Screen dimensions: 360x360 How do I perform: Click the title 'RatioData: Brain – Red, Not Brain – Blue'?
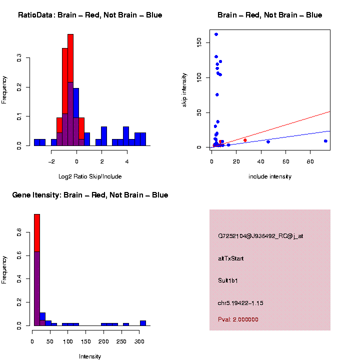tap(90, 15)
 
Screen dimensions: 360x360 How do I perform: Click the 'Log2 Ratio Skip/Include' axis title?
tap(90, 176)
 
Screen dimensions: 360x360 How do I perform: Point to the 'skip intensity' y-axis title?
tap(184, 89)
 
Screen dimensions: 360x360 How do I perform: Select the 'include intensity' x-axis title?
tap(270, 176)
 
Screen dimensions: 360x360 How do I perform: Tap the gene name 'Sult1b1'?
tap(228, 280)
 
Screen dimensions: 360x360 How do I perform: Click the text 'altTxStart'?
tap(231, 258)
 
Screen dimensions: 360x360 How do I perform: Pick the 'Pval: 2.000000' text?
tap(238, 319)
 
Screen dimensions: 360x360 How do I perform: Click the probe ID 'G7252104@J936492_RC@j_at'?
tap(260, 236)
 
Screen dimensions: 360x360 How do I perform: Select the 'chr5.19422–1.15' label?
tap(240, 303)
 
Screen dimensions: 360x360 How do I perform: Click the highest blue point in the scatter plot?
tap(216, 34)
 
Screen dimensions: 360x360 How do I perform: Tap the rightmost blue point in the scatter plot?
tap(325, 141)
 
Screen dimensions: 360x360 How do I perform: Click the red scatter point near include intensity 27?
tap(245, 140)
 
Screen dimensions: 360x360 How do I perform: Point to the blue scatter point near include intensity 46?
tap(268, 142)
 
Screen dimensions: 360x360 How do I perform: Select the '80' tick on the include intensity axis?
tap(310, 161)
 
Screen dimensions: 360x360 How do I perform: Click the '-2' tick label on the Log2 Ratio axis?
tap(51, 161)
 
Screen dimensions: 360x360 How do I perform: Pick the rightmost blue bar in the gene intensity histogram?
tap(143, 323)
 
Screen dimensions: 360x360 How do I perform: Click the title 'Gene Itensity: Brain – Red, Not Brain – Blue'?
tap(90, 195)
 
